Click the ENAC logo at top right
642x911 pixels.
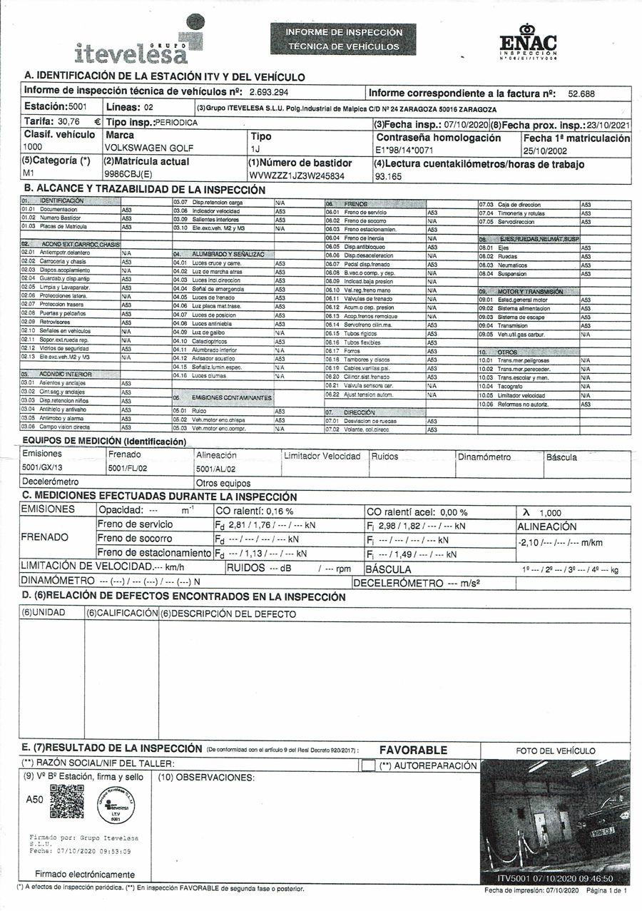(528, 42)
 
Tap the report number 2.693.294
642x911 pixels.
(267, 93)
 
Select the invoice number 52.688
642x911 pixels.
(581, 93)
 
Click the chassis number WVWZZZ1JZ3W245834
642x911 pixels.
(297, 175)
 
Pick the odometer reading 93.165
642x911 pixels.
(389, 176)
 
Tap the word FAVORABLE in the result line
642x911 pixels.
(413, 750)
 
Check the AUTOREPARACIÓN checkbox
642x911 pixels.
(368, 765)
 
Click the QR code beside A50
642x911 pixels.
(67, 801)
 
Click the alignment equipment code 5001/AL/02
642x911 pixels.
(215, 469)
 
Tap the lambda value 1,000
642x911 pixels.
(550, 513)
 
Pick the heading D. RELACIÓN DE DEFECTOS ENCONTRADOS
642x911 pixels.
(184, 596)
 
